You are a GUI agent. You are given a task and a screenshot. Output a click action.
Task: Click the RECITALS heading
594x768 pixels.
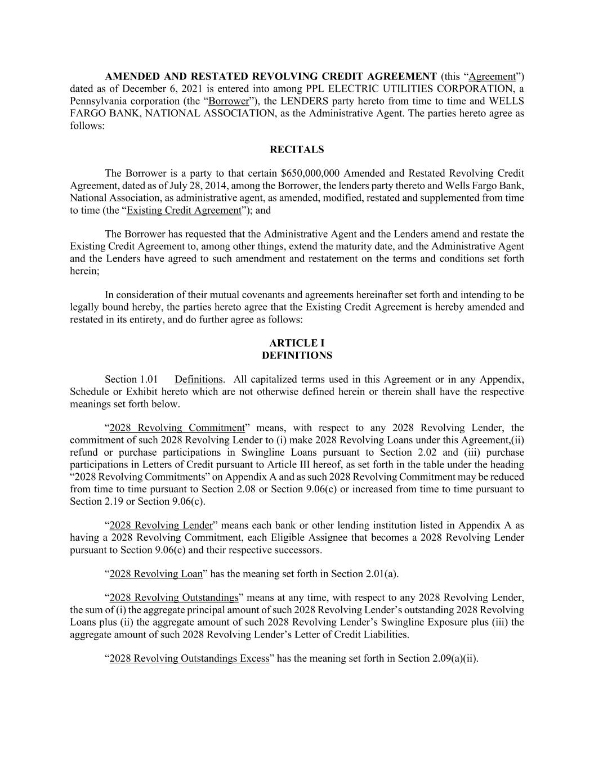(297, 150)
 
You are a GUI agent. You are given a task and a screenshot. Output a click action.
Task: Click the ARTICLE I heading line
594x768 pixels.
(297, 343)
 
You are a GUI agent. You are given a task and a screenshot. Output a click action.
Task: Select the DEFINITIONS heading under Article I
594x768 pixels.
(297, 356)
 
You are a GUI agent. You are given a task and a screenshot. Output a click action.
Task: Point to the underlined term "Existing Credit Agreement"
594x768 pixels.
(184, 210)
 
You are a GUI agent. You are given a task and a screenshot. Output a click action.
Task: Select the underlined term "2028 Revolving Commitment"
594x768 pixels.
(177, 428)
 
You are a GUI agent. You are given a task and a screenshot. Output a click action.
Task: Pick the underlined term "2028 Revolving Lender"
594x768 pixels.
(160, 526)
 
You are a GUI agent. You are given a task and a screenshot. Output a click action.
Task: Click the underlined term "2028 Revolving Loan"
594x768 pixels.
(155, 574)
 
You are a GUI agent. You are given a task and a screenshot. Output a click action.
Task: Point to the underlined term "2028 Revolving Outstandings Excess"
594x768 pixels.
(189, 658)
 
